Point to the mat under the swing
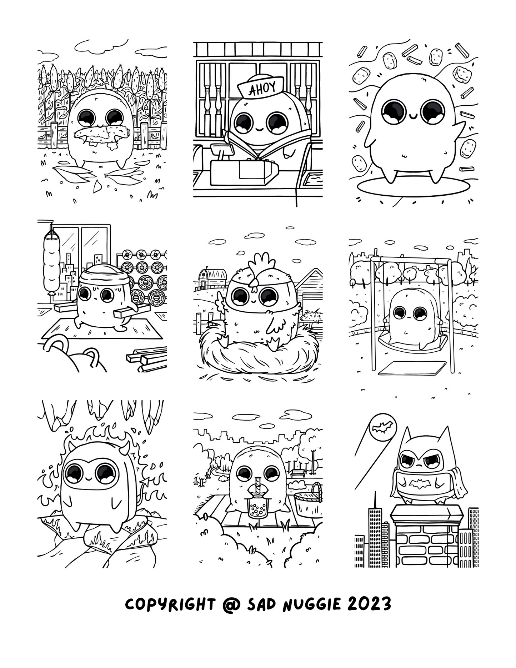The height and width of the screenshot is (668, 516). (412, 368)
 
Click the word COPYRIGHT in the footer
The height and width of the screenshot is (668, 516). (170, 604)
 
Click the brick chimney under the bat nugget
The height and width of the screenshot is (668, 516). (427, 535)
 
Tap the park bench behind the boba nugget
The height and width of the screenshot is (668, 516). (297, 473)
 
